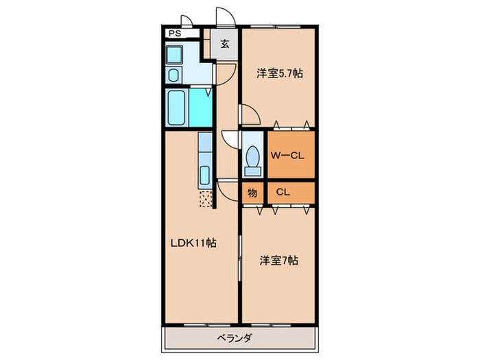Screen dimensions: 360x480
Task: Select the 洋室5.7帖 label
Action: coord(280,74)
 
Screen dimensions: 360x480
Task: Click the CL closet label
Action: coord(283,193)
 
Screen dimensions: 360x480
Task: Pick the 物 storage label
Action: coord(252,193)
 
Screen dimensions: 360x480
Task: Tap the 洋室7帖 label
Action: coord(278,261)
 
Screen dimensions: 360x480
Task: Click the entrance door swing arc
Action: coord(225,16)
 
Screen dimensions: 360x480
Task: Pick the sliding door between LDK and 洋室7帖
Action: coord(240,257)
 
